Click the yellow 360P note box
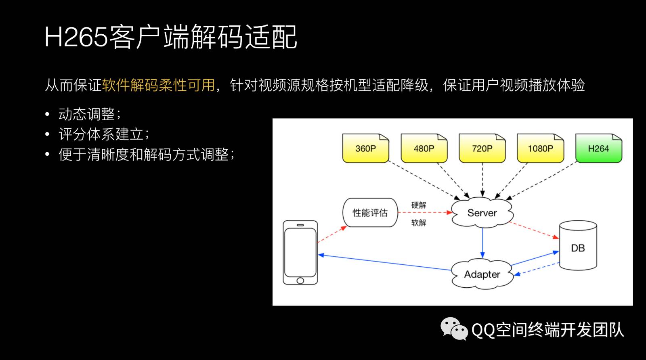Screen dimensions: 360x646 (x=365, y=149)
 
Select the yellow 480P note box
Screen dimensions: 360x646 (x=424, y=149)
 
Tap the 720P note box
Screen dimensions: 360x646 (x=482, y=149)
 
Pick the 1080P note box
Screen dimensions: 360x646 (x=540, y=149)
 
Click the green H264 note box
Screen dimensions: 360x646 (x=598, y=149)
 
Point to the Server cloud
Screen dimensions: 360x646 (x=482, y=213)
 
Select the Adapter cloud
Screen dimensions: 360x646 (x=482, y=274)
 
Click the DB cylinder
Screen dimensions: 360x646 (x=578, y=246)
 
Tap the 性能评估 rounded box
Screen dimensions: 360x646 (x=370, y=213)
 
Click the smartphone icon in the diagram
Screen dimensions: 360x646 (x=300, y=252)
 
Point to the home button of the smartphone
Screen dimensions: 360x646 (x=300, y=280)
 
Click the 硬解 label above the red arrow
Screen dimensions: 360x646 (x=419, y=205)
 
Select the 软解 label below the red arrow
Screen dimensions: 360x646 (x=419, y=223)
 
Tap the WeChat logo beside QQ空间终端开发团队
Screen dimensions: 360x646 (x=454, y=329)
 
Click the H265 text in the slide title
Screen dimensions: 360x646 (x=76, y=37)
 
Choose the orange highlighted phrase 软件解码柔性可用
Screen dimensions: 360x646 (x=158, y=85)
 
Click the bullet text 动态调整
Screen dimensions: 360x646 (x=87, y=114)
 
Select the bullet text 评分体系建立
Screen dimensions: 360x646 (x=101, y=134)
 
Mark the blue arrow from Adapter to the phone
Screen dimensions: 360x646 (x=384, y=262)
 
